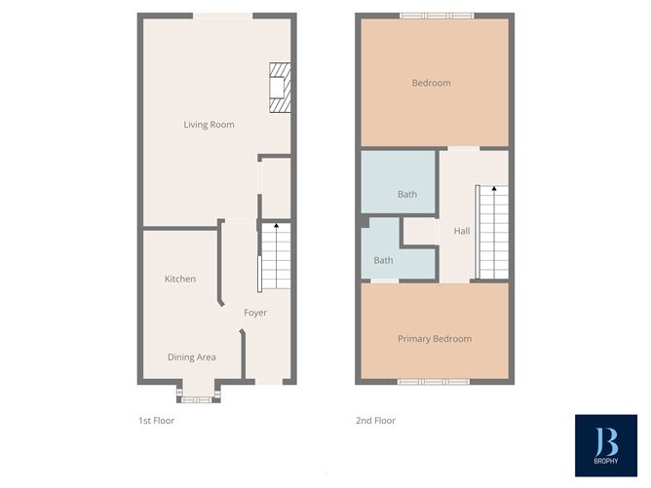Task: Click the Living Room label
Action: [x=209, y=125]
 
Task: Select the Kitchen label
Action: [x=179, y=280]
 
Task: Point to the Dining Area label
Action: [x=192, y=357]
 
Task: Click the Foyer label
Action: [x=255, y=313]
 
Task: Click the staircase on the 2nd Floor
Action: [x=492, y=232]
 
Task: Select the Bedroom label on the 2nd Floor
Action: [x=431, y=83]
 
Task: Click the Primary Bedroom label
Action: [x=434, y=339]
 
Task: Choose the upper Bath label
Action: [x=406, y=195]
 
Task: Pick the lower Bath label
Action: [x=383, y=261]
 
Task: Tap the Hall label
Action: [x=461, y=231]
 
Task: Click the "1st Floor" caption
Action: [x=156, y=421]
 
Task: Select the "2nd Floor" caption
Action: [x=375, y=421]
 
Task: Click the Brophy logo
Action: [x=605, y=446]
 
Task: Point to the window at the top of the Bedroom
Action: [x=436, y=16]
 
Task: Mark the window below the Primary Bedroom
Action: [x=434, y=381]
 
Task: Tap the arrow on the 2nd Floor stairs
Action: [x=493, y=189]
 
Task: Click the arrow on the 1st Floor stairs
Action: [x=277, y=227]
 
